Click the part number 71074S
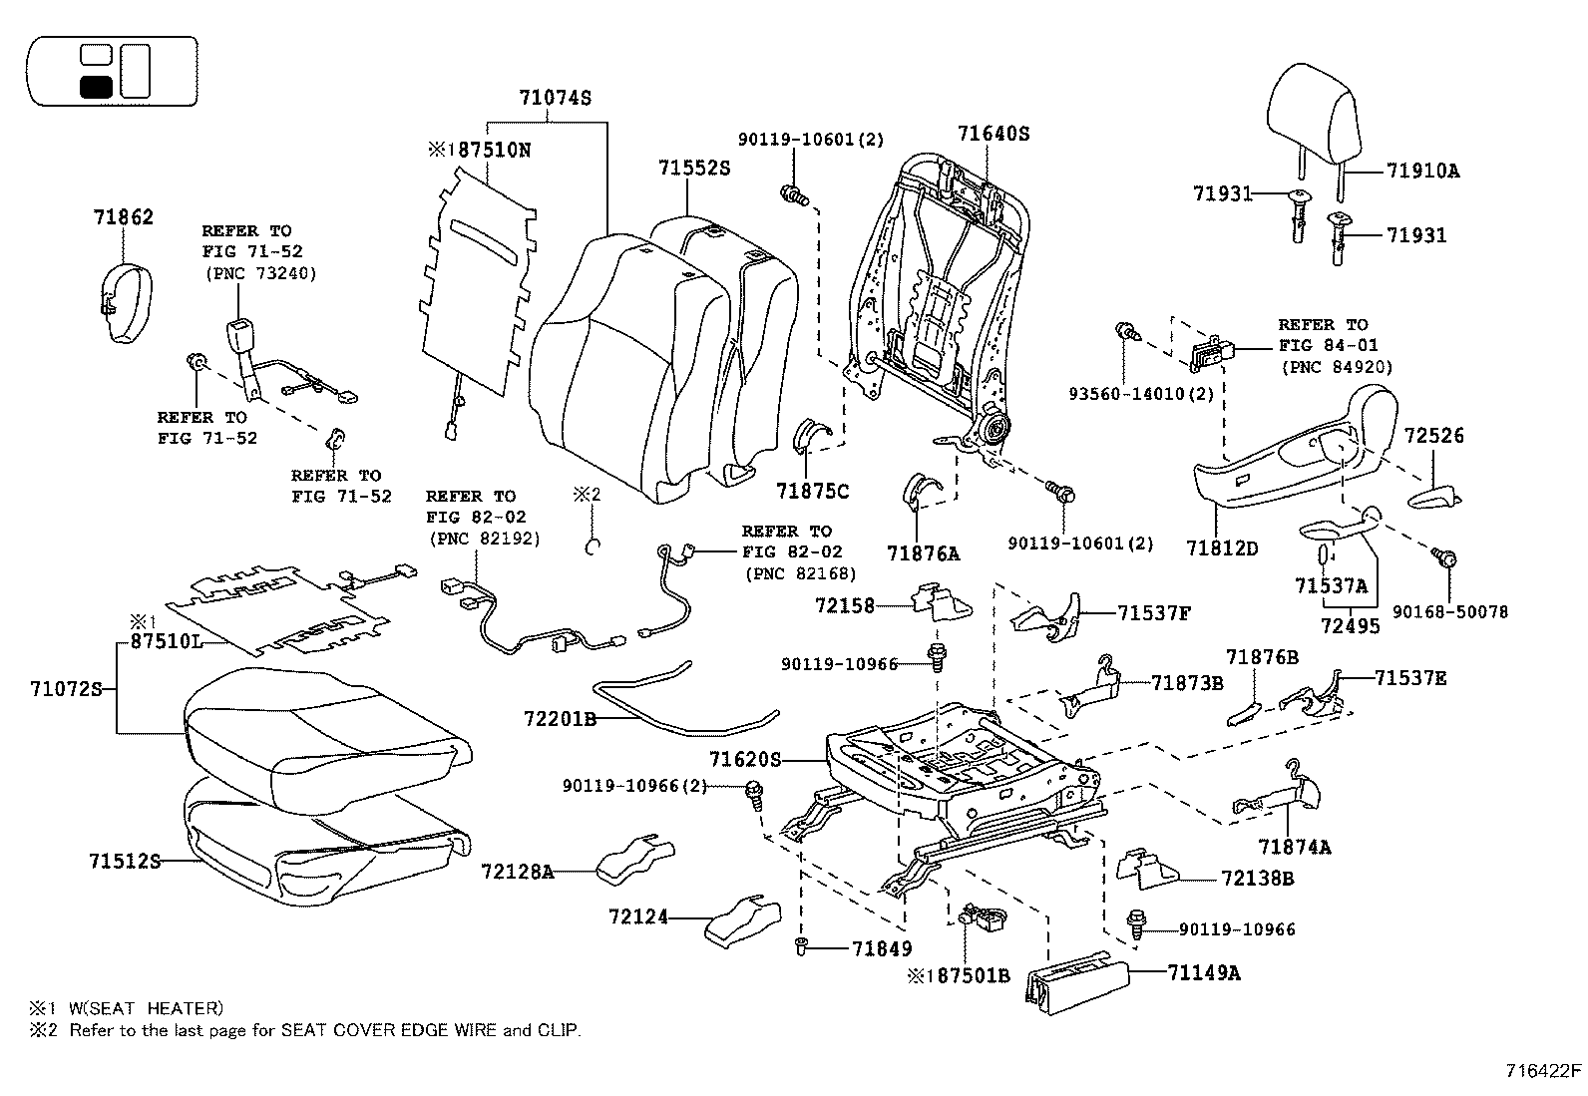coord(555,98)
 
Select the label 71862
coord(124,216)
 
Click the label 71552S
coord(693,169)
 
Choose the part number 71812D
coord(1222,548)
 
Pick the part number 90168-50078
coord(1457,611)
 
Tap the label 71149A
coord(1204,972)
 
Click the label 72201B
coord(560,718)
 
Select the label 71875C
coord(813,490)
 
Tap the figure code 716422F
coord(1543,1072)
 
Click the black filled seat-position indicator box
coord(96,86)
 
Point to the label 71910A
coord(1421,171)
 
